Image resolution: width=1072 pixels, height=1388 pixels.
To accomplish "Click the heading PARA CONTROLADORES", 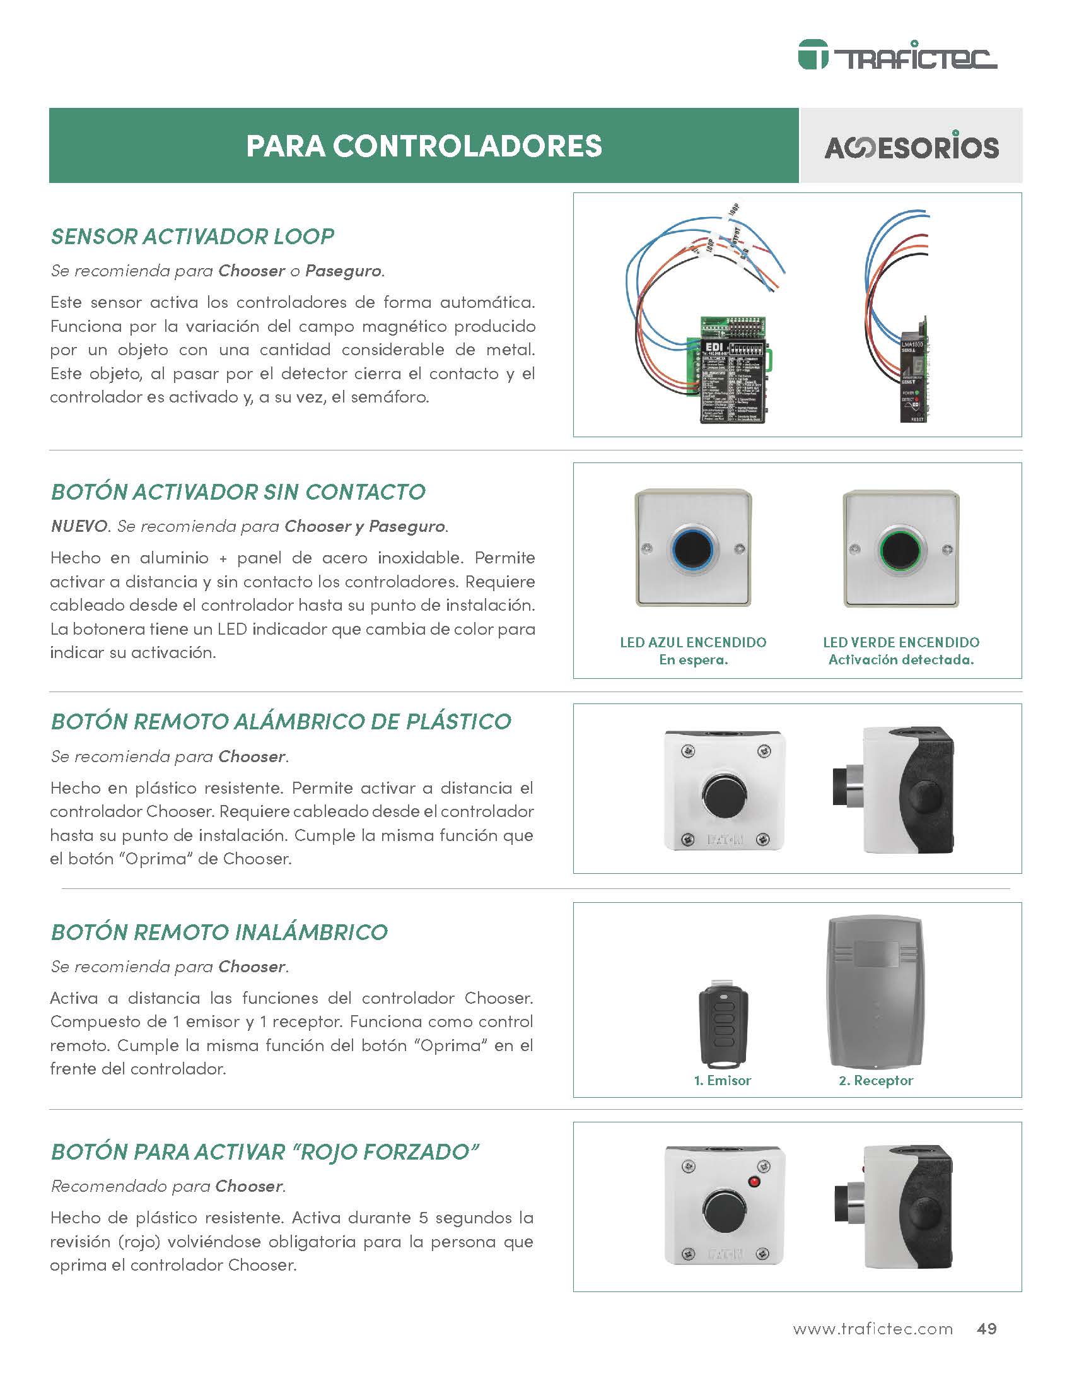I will click(x=424, y=146).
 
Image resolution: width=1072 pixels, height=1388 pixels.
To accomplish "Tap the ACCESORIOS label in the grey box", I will click(x=911, y=147).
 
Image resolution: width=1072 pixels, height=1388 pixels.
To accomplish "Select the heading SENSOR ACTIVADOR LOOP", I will click(x=192, y=237).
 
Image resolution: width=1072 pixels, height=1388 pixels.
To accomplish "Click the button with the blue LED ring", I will click(x=693, y=548).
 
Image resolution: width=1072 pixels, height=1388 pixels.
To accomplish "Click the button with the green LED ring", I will click(x=900, y=548).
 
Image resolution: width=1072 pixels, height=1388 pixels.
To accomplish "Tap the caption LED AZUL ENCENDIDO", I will click(x=693, y=642).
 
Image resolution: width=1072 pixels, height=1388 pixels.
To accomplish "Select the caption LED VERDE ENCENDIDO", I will click(x=900, y=642).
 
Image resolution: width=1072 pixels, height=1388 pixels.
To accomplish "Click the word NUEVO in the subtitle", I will click(x=79, y=526).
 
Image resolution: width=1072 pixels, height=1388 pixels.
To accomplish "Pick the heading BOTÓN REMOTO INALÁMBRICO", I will click(x=219, y=932).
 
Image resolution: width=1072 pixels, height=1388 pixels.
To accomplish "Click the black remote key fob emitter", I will click(x=723, y=1025).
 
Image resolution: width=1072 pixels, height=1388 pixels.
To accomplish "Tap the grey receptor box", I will click(x=875, y=992).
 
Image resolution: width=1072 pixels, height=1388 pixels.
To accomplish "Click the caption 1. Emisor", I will click(x=722, y=1080).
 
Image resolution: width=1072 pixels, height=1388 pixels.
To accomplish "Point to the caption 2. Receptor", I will click(x=875, y=1080).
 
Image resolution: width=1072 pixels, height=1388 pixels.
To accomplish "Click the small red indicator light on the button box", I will click(x=755, y=1182).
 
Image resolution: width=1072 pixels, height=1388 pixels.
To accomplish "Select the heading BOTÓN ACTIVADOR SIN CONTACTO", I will click(x=238, y=492).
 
